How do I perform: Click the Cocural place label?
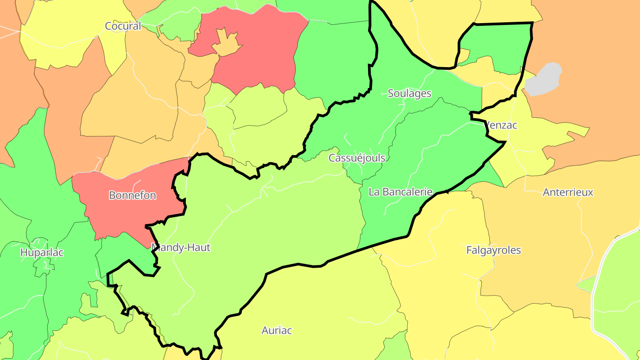coord(123,26)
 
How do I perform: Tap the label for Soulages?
coord(409,93)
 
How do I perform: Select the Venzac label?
coord(501,125)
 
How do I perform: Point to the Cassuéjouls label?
coord(357,158)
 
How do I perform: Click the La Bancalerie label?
coord(400,192)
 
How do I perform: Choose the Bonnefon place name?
coord(132,195)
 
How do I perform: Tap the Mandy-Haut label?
coord(180,248)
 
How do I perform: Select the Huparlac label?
coord(42,252)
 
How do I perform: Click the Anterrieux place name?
coord(568,192)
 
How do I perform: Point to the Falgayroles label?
coord(493,250)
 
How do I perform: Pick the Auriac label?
coord(276,330)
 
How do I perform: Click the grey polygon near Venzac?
coord(543,79)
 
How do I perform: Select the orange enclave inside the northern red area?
coord(227,44)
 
